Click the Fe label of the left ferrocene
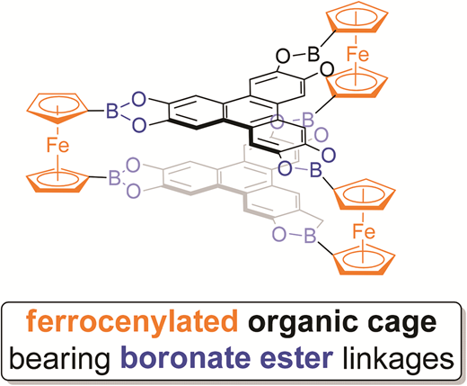[57, 145]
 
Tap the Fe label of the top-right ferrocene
[357, 55]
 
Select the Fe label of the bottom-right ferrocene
[364, 231]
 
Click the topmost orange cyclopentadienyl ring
[357, 17]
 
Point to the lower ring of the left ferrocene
[57, 179]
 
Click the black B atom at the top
[313, 54]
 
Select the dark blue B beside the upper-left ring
[112, 111]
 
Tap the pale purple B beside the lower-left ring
[114, 177]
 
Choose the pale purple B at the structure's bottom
[310, 235]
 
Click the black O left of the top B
[282, 56]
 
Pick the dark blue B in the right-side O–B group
[315, 169]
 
